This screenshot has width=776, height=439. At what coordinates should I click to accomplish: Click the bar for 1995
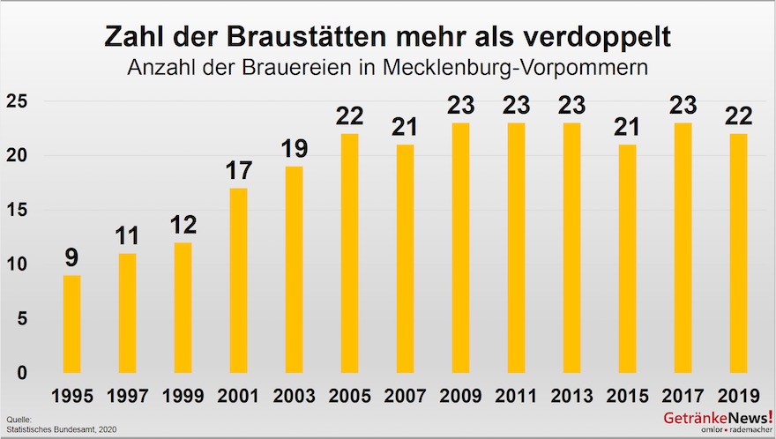[71, 324]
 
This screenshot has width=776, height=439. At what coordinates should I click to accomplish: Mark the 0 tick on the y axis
[22, 373]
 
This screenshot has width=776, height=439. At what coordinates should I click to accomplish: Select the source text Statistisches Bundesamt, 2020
[60, 429]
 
